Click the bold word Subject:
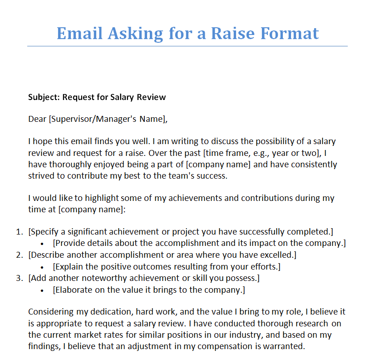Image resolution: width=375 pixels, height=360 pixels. pos(44,97)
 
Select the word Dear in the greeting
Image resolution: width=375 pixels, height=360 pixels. pos(37,119)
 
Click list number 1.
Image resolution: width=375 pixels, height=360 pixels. pos(19,232)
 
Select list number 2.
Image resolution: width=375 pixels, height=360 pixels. pos(19,255)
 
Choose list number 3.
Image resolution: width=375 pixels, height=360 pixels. pos(19,277)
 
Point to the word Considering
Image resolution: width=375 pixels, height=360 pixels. pos(50,312)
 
